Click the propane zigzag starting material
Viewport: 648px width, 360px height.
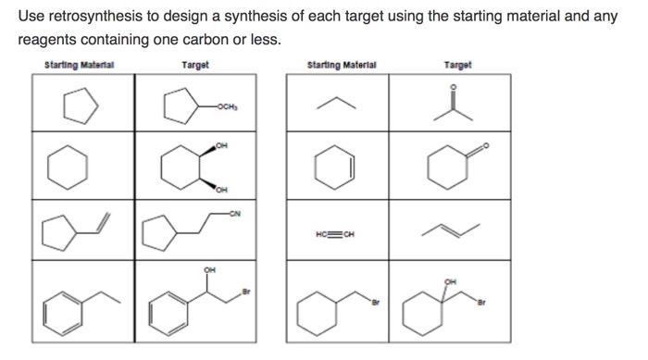click(x=336, y=105)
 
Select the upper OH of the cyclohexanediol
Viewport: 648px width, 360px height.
click(x=220, y=146)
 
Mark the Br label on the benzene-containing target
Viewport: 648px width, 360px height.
click(x=246, y=293)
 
